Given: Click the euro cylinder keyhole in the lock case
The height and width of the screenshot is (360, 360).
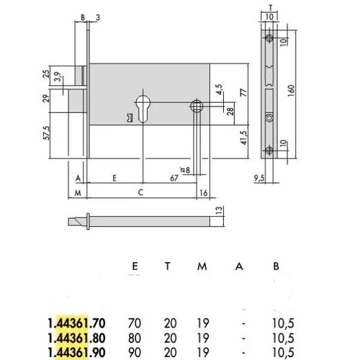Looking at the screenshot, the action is point(143,109).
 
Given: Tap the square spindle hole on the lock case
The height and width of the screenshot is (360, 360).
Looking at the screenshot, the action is point(197,107).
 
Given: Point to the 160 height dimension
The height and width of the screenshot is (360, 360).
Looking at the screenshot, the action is point(291,91).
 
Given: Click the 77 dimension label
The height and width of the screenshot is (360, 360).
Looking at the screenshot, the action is point(244,92).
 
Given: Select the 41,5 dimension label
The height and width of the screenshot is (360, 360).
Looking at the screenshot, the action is point(244,138).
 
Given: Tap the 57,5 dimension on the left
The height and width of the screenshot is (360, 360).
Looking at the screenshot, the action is point(47,133).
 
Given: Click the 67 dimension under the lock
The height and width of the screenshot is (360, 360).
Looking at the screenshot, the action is point(174,178).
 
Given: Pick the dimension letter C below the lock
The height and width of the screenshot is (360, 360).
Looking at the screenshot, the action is point(140,192).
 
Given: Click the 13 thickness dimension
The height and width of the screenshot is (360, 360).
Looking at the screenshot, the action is point(219,210).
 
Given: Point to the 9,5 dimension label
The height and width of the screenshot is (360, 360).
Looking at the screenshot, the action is point(259,178).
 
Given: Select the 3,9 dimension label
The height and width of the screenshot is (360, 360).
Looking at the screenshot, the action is point(58,77).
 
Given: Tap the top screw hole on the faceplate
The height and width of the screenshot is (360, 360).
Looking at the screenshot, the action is point(269,38).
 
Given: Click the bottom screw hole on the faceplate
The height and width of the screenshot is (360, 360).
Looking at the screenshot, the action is point(269,150).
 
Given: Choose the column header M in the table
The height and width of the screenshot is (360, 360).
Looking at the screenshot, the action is point(202,266).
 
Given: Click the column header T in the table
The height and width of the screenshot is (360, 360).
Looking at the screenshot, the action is point(168,266).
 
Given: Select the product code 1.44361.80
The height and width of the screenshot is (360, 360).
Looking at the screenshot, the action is point(76,338).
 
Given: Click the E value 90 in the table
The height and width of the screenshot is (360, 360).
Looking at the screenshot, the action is point(135,353).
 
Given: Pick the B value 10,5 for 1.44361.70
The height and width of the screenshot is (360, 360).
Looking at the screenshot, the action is point(283,323).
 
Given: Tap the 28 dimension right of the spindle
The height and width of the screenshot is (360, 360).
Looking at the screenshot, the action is point(230,111).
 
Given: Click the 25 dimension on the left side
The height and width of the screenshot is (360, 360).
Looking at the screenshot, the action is point(46,73).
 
